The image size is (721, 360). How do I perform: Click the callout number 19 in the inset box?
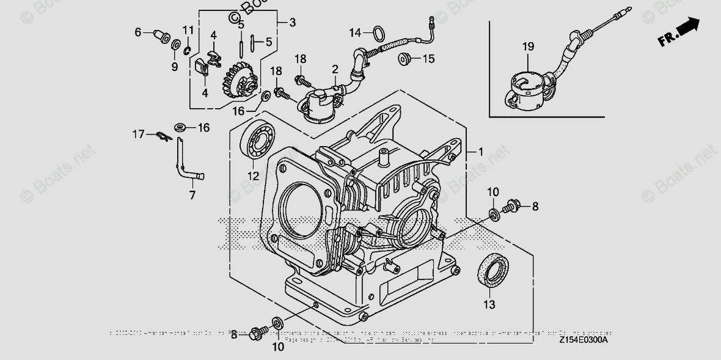(x=528, y=46)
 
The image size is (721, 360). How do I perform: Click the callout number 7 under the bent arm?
(x=192, y=196)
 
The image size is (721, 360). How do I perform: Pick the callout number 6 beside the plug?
(x=138, y=31)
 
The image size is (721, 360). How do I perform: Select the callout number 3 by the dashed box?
(x=292, y=23)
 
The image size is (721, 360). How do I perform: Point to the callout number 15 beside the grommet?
(x=428, y=59)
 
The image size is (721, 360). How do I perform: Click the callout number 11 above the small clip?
(x=188, y=30)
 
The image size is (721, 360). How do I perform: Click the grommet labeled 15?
(x=404, y=59)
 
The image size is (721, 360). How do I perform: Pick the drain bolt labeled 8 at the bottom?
(x=256, y=334)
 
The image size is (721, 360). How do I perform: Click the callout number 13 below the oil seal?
(x=489, y=304)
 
